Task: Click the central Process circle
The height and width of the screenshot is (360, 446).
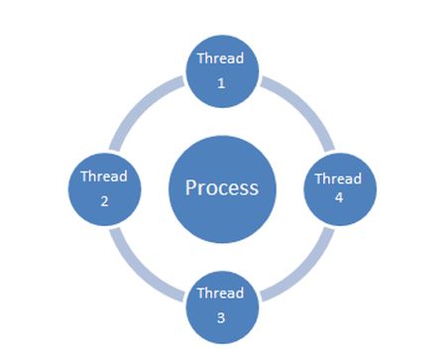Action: pyautogui.click(x=222, y=186)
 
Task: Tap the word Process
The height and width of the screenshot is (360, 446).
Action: pyautogui.click(x=222, y=187)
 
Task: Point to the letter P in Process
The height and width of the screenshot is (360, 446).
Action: pyautogui.click(x=191, y=187)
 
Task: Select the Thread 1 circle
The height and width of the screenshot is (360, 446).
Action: pyautogui.click(x=222, y=71)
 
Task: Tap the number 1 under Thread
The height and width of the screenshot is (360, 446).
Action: pyautogui.click(x=221, y=83)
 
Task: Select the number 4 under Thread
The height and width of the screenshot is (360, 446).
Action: pyautogui.click(x=338, y=198)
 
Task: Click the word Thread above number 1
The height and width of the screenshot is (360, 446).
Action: pyautogui.click(x=220, y=60)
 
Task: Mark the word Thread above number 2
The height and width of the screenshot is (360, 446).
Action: pyautogui.click(x=103, y=177)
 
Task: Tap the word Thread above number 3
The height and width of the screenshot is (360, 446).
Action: pyautogui.click(x=220, y=294)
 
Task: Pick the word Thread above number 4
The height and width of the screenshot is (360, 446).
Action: pyautogui.click(x=338, y=180)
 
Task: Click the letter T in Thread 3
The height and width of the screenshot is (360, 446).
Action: pyautogui.click(x=201, y=294)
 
